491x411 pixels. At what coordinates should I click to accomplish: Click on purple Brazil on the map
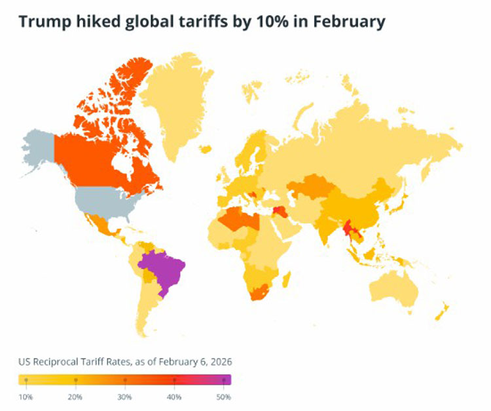point(162,269)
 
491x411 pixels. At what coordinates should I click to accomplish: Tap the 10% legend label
point(26,397)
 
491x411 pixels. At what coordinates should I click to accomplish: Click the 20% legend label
point(75,397)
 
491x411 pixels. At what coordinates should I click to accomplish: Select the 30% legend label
point(124,397)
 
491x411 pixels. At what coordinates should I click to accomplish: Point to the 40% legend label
point(174,397)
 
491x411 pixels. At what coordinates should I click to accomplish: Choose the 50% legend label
point(223,397)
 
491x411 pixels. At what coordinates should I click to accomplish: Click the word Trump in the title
point(43,22)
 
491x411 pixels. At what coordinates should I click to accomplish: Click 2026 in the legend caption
point(219,362)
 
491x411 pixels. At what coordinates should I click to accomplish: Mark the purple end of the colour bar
point(226,380)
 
